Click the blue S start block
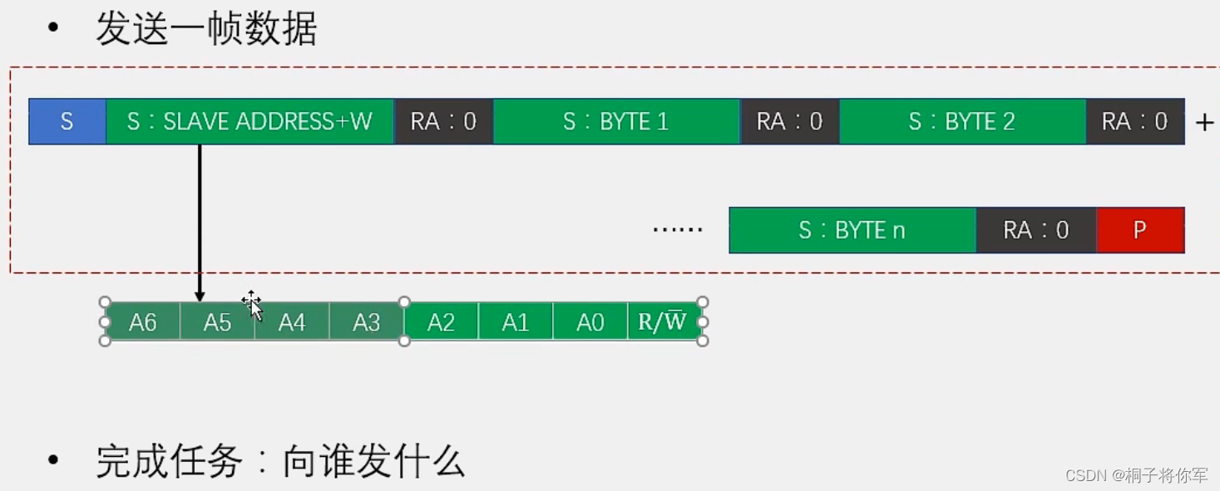tap(67, 122)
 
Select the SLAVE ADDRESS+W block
tap(249, 122)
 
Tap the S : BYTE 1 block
tap(616, 122)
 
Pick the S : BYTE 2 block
tap(962, 122)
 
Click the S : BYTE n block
tap(852, 230)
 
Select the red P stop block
tap(1140, 230)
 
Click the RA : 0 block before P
tap(1035, 230)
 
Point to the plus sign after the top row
tap(1204, 123)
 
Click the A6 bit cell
tap(143, 322)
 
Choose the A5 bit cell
tap(217, 322)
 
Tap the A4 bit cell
tap(292, 322)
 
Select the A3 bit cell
tap(367, 322)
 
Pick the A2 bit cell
tap(441, 322)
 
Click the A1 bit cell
tap(516, 322)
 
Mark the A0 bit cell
tap(590, 322)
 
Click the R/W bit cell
tap(663, 322)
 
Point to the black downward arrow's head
tap(200, 297)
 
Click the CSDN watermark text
tap(1136, 475)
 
